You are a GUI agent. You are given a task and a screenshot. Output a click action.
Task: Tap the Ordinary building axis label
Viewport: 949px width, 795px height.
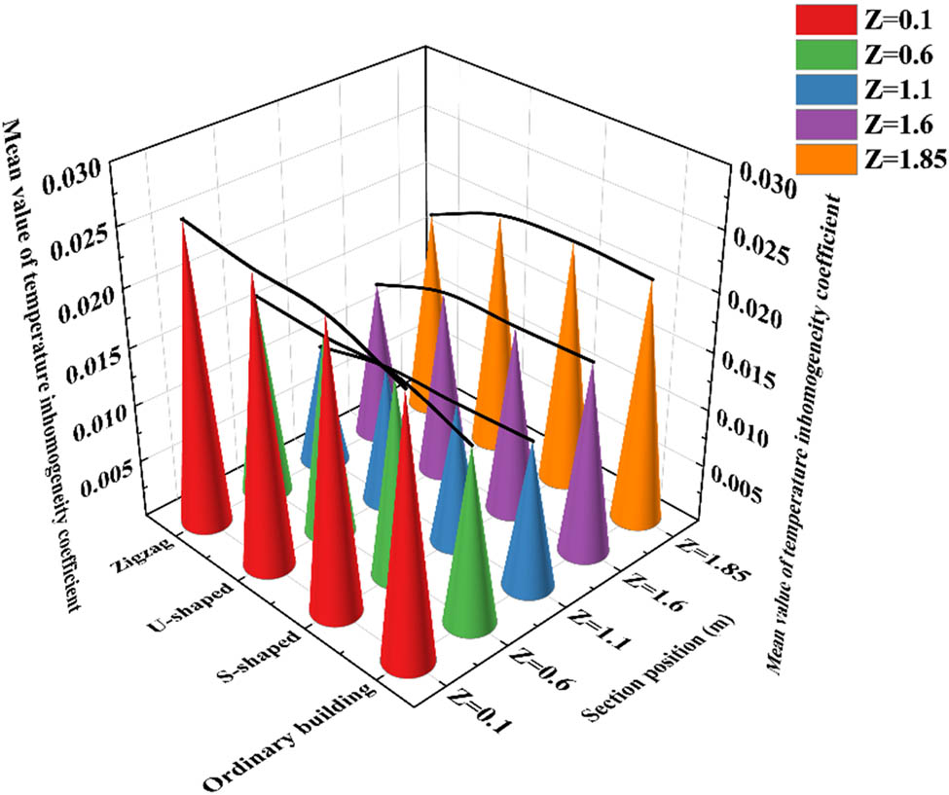288,736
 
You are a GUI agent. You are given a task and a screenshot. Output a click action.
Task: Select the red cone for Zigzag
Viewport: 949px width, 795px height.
195,409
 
